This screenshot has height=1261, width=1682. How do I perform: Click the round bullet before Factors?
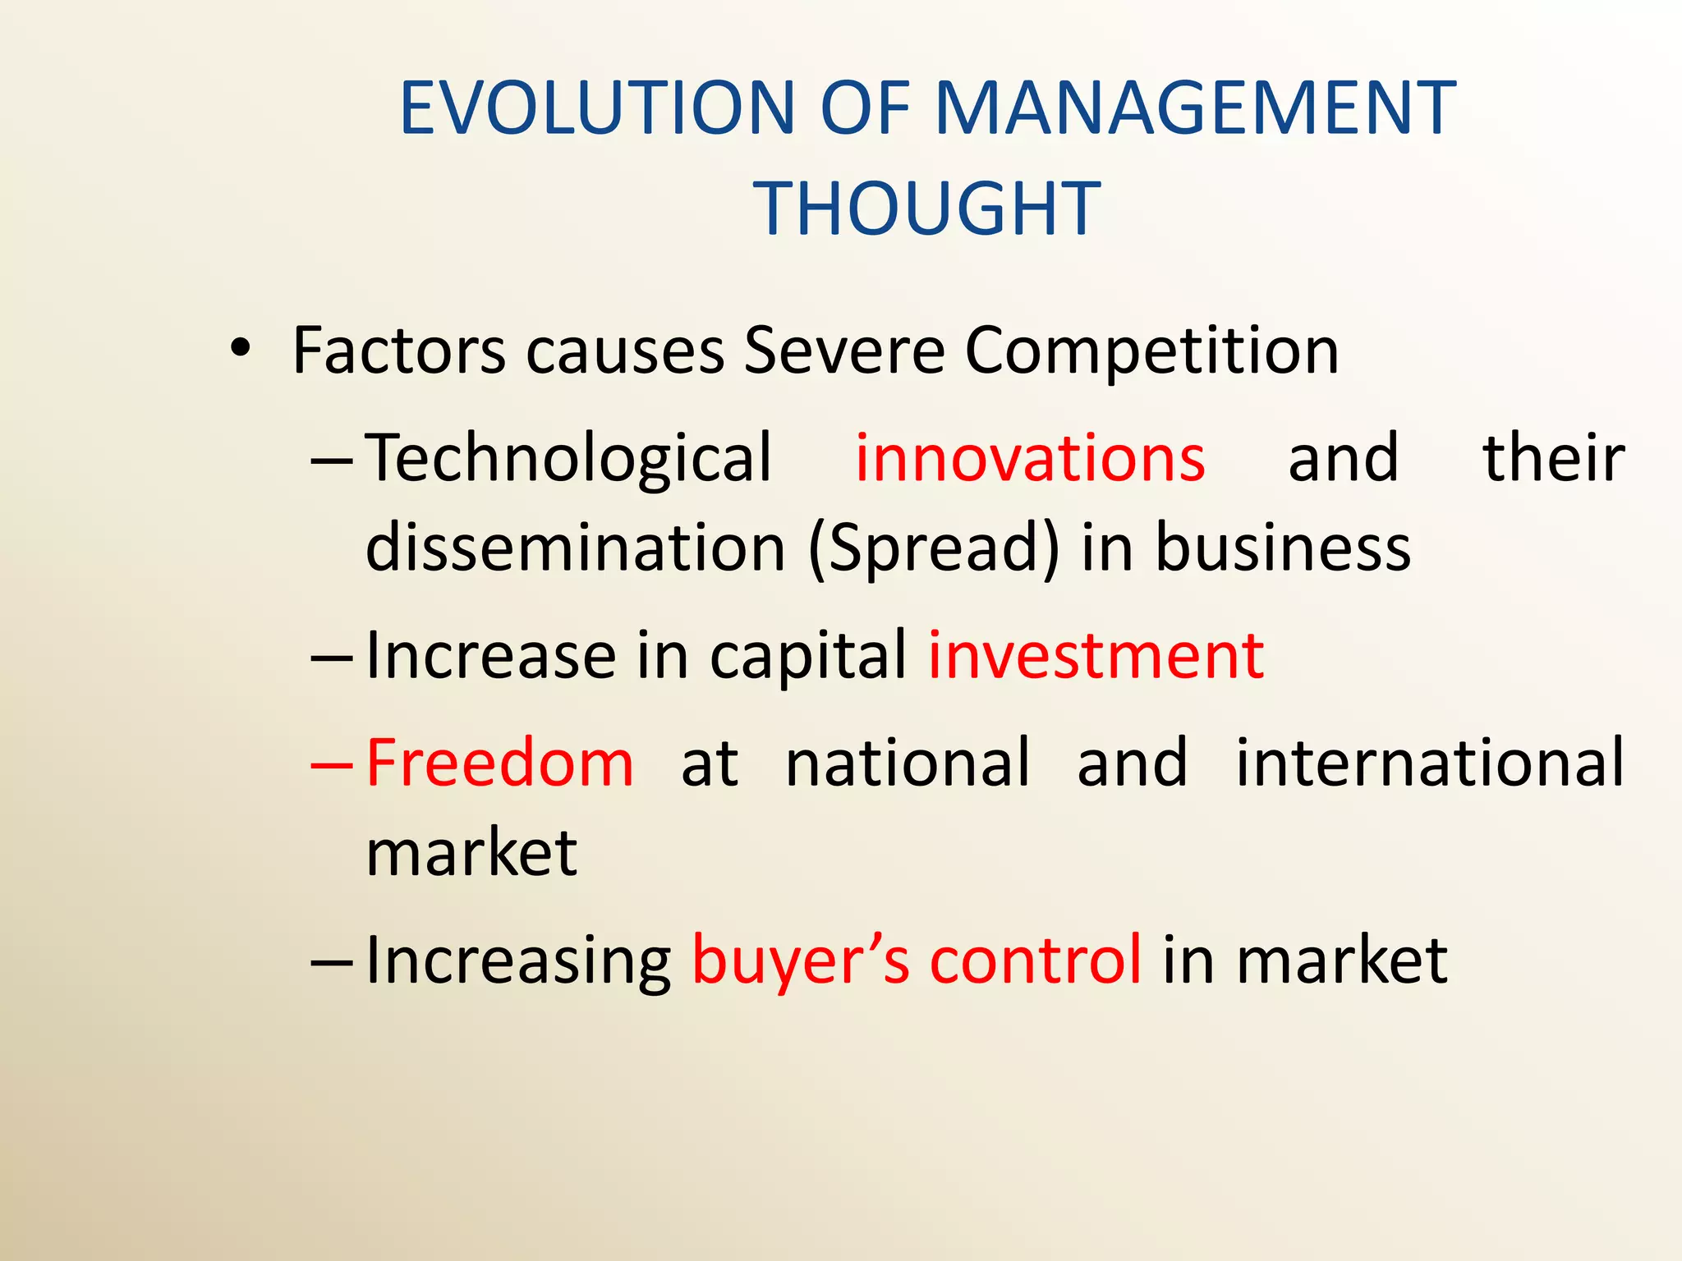[x=239, y=348]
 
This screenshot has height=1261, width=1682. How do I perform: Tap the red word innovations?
[x=1030, y=458]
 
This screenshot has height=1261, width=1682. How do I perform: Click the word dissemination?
[x=576, y=548]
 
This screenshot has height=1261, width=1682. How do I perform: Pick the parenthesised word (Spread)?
[x=934, y=549]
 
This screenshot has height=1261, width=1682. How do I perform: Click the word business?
[x=1283, y=548]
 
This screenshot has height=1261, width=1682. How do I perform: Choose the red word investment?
[x=1096, y=656]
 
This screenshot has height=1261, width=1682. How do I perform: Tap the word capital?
[x=808, y=658]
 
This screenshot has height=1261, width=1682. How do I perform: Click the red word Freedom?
[x=499, y=763]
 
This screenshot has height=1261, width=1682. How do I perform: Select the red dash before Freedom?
[x=332, y=764]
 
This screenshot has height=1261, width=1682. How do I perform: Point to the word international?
[x=1430, y=763]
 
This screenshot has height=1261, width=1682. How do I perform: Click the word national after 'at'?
[x=907, y=763]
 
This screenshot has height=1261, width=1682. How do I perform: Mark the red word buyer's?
[x=800, y=961]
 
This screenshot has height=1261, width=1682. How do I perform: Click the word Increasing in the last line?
[x=518, y=961]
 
